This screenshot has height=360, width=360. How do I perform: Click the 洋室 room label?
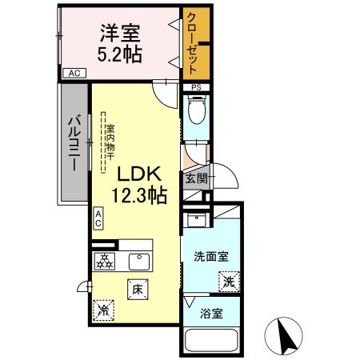pos(120,34)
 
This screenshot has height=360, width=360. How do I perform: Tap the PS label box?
pos(195,87)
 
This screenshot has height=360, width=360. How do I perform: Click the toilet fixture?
pos(196,110)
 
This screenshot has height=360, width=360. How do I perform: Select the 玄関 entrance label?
pos(197,178)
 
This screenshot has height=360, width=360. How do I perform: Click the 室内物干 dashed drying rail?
pos(106,144)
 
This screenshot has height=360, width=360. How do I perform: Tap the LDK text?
pos(141,174)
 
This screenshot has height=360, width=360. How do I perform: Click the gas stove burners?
pos(104,261)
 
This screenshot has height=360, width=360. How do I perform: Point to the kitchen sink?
pos(139,262)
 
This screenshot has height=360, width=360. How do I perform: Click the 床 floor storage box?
pos(137,289)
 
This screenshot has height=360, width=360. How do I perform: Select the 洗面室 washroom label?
pos(212,256)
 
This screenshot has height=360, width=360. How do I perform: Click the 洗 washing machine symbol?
pos(229,282)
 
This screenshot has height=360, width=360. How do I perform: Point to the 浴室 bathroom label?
pos(211,313)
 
